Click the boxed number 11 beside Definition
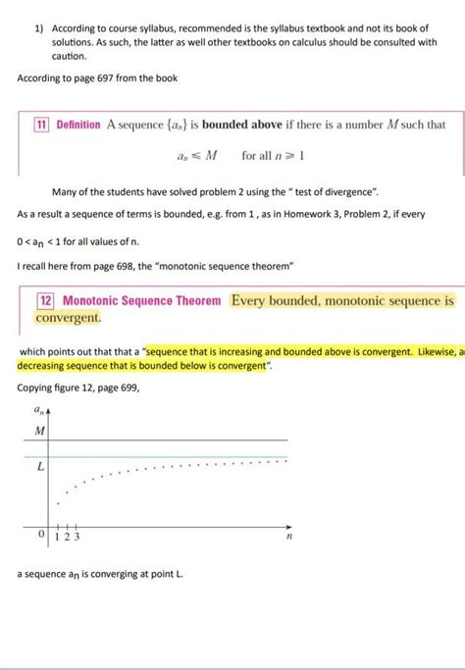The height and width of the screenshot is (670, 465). [42, 125]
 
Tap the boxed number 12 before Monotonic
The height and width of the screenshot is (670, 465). [46, 301]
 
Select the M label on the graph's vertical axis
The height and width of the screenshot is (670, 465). [39, 431]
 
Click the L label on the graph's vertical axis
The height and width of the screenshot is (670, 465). [40, 468]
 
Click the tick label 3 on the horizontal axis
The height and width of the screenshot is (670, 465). [77, 537]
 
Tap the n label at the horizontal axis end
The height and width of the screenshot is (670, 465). [288, 538]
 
